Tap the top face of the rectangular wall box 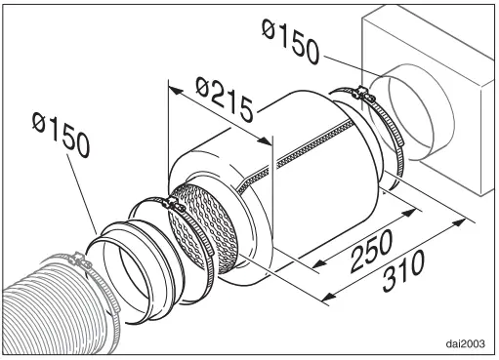[430, 29]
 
